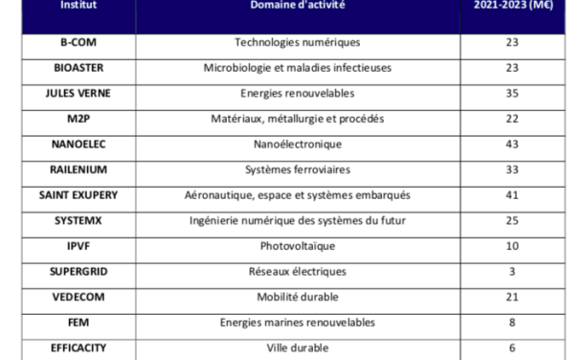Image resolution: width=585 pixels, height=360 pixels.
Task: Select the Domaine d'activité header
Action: [x=297, y=6]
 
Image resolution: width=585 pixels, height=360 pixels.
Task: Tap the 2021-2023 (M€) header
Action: [x=511, y=6]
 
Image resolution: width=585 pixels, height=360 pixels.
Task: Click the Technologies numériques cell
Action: [x=297, y=43]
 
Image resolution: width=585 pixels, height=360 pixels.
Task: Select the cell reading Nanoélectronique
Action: [x=297, y=145]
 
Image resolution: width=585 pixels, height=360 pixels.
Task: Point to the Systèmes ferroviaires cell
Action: [x=297, y=170]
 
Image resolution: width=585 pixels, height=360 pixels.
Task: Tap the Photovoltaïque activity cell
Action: [x=297, y=246]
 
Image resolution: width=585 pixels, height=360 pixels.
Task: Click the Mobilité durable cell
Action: [x=297, y=297]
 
